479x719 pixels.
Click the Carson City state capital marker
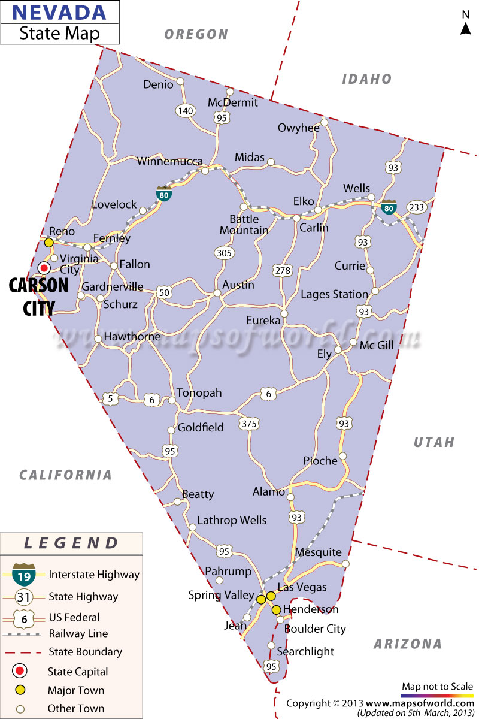click(44, 268)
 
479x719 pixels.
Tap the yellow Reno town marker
click(49, 243)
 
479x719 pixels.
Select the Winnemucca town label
click(170, 161)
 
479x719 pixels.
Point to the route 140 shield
click(186, 111)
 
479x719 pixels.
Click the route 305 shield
click(224, 253)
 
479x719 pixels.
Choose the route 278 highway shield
click(283, 270)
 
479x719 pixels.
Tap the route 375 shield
click(248, 424)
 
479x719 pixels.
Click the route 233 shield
click(416, 207)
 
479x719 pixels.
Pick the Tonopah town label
click(199, 393)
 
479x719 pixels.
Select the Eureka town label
click(263, 321)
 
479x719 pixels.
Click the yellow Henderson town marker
click(276, 610)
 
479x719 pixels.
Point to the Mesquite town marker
click(345, 564)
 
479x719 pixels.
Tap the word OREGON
click(196, 35)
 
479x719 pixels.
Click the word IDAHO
click(366, 79)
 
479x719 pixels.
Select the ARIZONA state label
click(408, 644)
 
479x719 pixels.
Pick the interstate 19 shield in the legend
click(25, 575)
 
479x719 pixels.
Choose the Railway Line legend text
click(78, 633)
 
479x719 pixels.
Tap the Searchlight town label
click(305, 652)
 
